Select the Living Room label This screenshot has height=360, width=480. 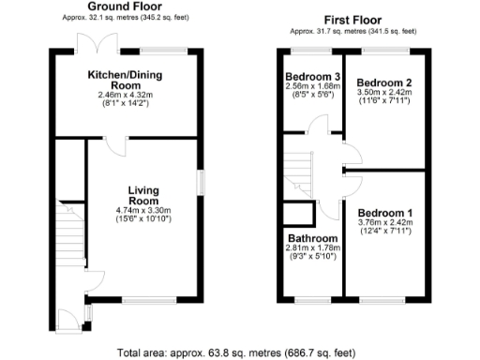point(143,194)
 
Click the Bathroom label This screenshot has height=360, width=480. point(309,238)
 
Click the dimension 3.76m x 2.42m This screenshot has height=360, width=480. point(383,224)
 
